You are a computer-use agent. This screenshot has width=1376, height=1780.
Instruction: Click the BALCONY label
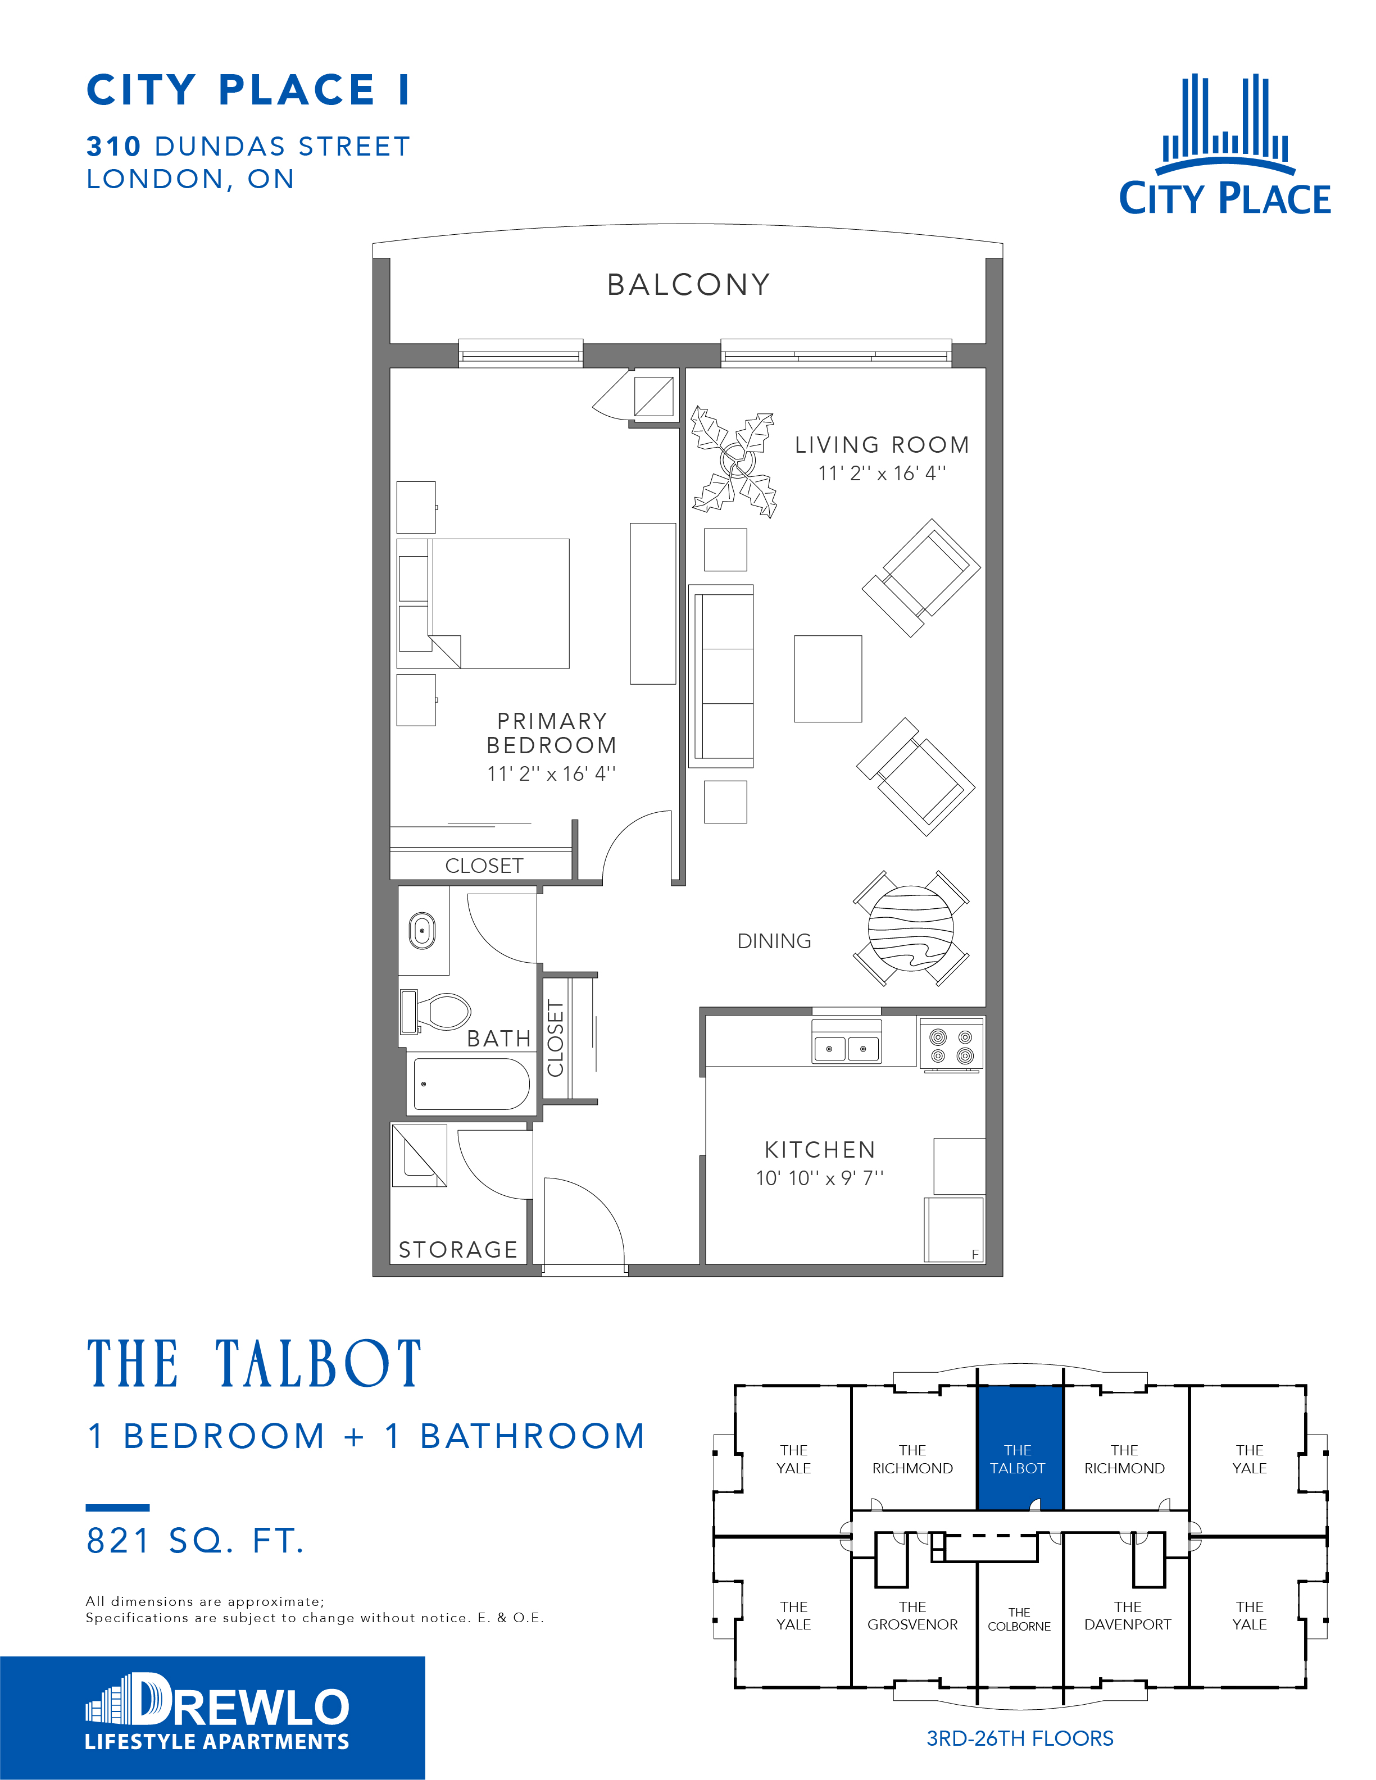689,284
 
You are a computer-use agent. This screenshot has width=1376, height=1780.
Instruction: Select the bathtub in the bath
471,1084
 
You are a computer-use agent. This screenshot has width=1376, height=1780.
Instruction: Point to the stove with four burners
951,1044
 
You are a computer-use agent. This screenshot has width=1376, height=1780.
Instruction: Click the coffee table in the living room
828,679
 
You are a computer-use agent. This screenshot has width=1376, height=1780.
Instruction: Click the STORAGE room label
458,1249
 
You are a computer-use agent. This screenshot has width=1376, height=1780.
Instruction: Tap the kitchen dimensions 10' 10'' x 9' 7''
819,1178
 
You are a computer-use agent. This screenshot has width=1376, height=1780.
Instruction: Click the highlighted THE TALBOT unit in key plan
1020,1448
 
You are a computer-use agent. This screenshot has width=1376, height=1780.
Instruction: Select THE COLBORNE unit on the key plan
1019,1619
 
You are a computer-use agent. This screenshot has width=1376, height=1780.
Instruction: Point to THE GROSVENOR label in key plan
912,1615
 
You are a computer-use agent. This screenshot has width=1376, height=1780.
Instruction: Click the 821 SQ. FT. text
196,1540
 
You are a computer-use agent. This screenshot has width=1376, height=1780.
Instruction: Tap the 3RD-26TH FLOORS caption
1020,1738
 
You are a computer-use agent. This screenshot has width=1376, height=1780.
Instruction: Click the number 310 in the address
114,147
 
